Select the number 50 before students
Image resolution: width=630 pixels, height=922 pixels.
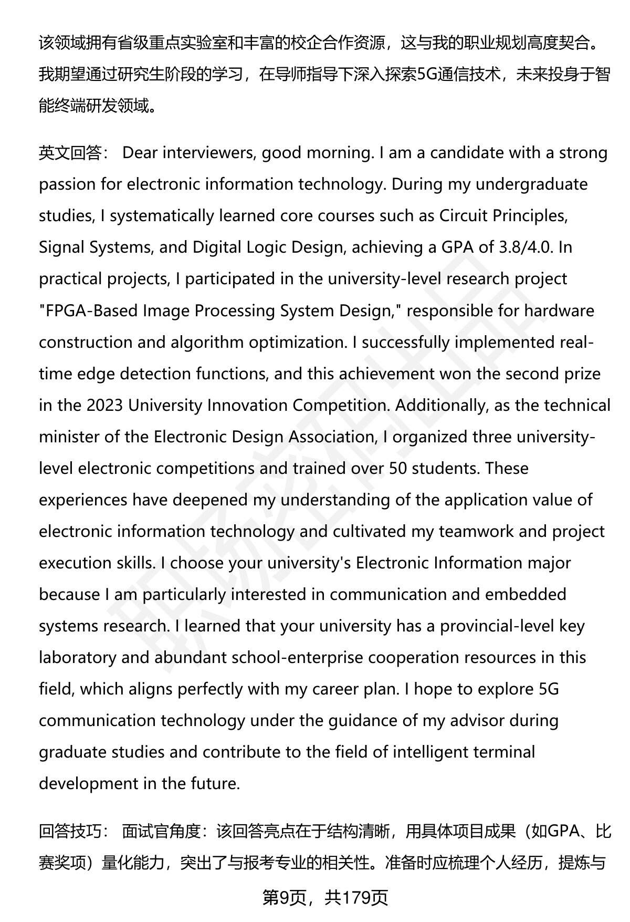(398, 468)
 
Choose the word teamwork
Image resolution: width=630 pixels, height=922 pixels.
(476, 531)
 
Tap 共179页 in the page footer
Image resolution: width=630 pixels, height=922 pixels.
(356, 898)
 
